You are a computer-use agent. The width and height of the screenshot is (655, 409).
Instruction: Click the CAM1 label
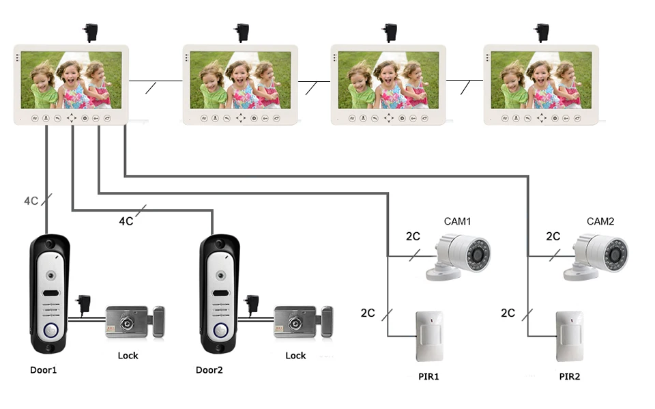458,221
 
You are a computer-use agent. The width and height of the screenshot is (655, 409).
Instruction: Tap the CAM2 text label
600,221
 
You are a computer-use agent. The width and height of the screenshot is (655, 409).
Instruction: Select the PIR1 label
428,376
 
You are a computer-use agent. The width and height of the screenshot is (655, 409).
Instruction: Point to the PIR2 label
570,376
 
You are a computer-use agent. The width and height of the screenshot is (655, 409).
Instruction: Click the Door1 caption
44,370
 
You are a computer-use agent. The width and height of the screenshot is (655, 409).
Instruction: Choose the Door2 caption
209,370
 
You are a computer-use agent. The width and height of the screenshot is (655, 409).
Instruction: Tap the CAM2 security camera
597,257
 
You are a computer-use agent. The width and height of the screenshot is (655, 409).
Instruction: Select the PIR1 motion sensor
430,336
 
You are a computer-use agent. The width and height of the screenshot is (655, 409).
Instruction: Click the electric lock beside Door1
134,322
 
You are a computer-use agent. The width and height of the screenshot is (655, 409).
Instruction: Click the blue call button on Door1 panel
50,333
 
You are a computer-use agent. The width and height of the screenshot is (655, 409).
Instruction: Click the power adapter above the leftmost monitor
89,32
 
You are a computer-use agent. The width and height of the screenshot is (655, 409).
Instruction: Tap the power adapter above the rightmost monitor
542,32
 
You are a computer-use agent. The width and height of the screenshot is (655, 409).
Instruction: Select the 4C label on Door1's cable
31,201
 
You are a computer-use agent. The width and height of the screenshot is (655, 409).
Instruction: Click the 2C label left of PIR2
508,313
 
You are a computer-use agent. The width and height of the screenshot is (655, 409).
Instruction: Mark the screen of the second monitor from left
240,79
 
